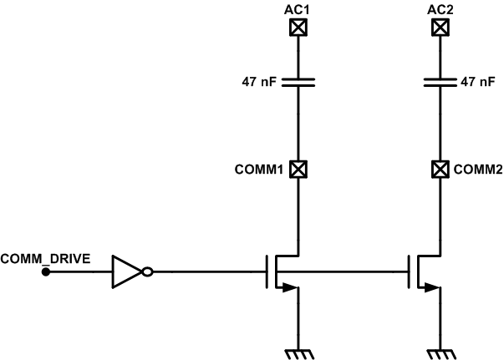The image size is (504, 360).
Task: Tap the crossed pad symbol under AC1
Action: point(296,28)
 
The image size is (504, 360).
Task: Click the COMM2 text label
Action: point(478,170)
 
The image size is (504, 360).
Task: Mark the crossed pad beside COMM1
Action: point(296,170)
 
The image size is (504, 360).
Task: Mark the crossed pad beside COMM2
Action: point(437,170)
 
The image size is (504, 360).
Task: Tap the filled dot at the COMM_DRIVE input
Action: point(46,271)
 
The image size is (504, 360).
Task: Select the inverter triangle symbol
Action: point(127,271)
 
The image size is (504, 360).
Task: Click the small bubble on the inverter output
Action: point(148,271)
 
